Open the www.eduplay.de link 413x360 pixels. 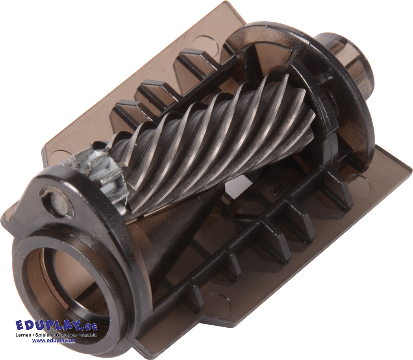tap(54, 340)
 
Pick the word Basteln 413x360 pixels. tap(89, 335)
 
